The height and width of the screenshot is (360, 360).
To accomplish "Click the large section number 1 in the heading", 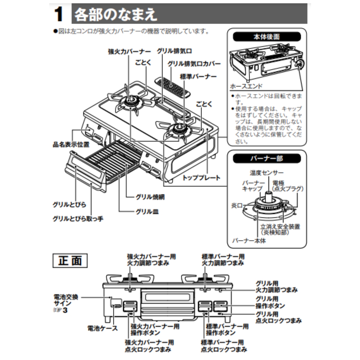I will [x=59, y=14].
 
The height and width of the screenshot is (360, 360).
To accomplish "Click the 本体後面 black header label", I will [x=267, y=37].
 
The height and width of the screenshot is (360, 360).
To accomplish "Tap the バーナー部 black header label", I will [x=267, y=158].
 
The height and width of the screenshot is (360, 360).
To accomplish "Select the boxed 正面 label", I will [x=70, y=260].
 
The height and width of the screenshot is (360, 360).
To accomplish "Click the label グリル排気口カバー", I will [x=194, y=64].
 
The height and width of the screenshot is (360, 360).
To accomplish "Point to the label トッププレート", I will [x=201, y=178].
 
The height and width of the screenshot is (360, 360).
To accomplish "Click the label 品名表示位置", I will [x=71, y=144].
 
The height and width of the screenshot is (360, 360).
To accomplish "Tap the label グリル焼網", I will [x=150, y=197].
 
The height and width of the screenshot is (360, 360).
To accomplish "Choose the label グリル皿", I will [x=147, y=212].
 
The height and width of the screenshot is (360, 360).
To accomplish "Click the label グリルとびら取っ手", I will [x=78, y=219].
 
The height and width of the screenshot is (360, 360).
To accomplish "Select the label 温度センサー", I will [x=267, y=173].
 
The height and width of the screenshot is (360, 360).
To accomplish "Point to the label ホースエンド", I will [x=246, y=86].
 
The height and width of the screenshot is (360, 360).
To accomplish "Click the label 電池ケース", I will [x=102, y=328].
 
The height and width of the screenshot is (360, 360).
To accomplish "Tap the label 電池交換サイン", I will [x=66, y=300].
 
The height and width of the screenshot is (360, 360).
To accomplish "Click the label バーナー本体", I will [x=249, y=241].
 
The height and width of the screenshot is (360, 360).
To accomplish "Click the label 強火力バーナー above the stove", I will [x=129, y=51].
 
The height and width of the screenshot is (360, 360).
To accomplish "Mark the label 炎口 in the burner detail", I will [x=237, y=205].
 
